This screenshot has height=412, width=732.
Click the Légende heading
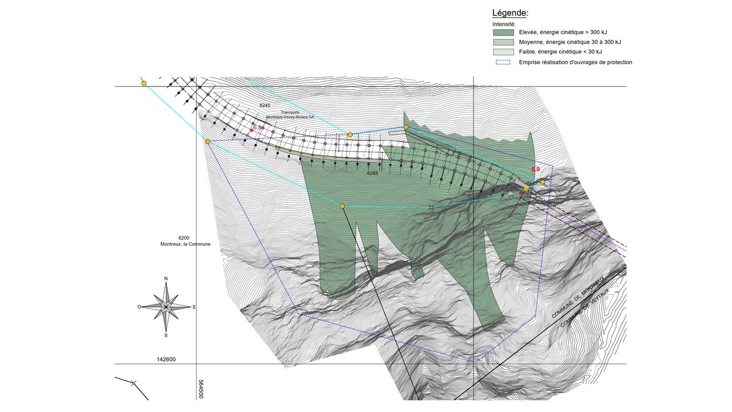510,13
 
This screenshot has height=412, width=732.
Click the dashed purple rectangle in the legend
503,62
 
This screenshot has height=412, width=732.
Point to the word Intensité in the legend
504,24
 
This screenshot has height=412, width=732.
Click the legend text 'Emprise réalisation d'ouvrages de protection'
575,62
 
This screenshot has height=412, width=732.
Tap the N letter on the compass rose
166,279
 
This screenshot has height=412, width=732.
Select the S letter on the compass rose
166,335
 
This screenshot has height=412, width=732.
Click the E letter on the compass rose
194,307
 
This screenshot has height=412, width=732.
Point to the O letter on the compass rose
139,307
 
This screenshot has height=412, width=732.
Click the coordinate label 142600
166,360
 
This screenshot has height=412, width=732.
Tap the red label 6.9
535,169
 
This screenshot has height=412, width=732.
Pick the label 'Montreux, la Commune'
185,244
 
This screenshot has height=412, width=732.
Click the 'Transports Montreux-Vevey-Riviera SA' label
289,115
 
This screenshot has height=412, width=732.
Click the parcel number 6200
184,237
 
